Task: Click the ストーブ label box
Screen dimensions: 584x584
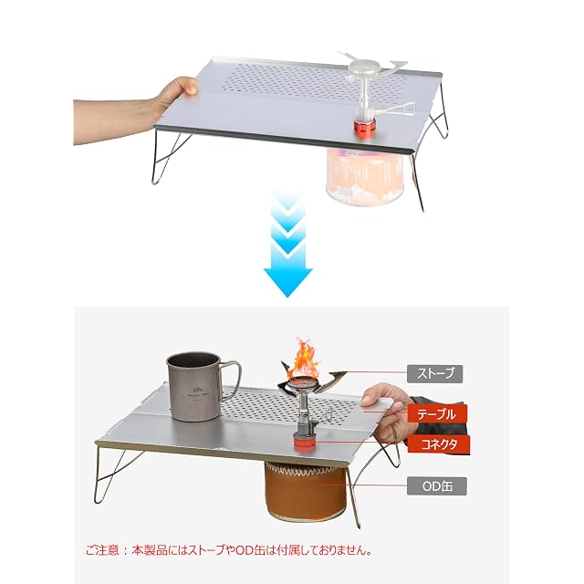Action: pyautogui.click(x=434, y=373)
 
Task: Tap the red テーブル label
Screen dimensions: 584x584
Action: pyautogui.click(x=437, y=413)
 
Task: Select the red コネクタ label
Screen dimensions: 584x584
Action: pyautogui.click(x=439, y=443)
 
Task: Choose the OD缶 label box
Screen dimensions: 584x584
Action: pyautogui.click(x=436, y=486)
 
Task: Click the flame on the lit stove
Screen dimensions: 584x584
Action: pyautogui.click(x=306, y=358)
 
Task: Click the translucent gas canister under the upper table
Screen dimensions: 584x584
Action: pyautogui.click(x=364, y=176)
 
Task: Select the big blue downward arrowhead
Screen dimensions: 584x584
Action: pyautogui.click(x=287, y=281)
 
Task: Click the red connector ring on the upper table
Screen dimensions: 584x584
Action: pyautogui.click(x=364, y=128)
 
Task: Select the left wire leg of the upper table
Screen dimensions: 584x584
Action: pyautogui.click(x=167, y=156)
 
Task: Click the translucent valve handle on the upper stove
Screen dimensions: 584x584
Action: pyautogui.click(x=400, y=109)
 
